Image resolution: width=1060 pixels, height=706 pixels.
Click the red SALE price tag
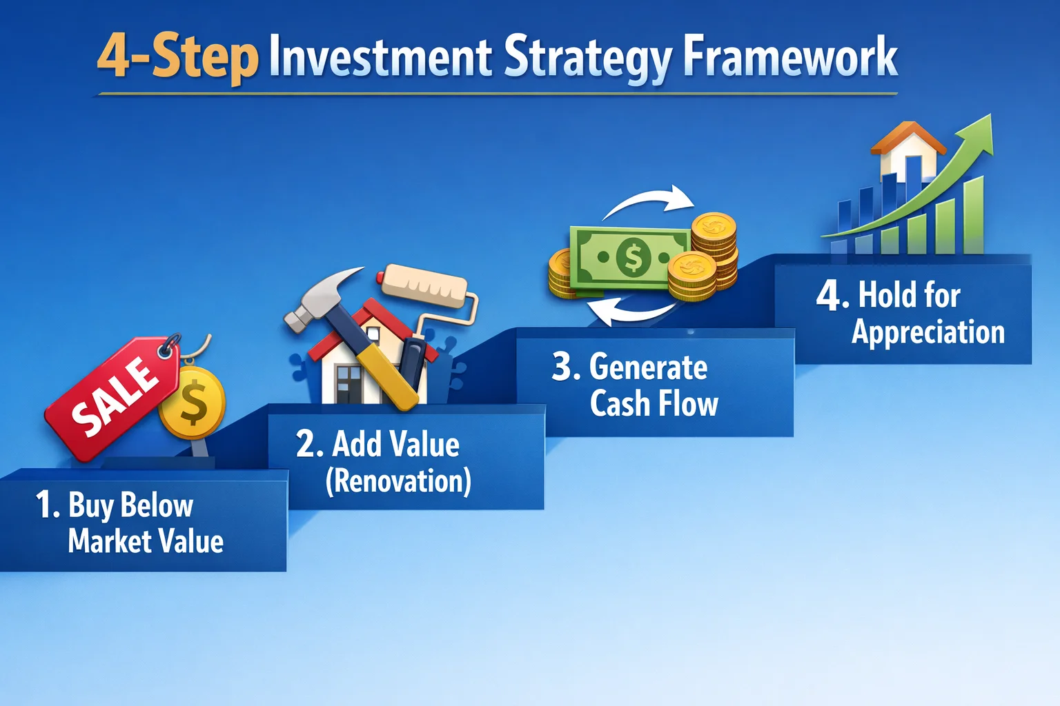click(x=110, y=396)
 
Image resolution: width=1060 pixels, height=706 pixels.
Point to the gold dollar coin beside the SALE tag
click(x=193, y=404)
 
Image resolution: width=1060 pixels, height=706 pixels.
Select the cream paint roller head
click(x=424, y=285)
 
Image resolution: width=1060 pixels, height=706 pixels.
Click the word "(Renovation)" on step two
click(x=398, y=481)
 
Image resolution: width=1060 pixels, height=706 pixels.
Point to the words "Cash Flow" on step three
click(x=654, y=403)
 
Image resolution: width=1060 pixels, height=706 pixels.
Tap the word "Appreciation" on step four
click(x=927, y=332)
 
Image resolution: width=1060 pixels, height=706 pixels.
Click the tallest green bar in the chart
click(x=973, y=215)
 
